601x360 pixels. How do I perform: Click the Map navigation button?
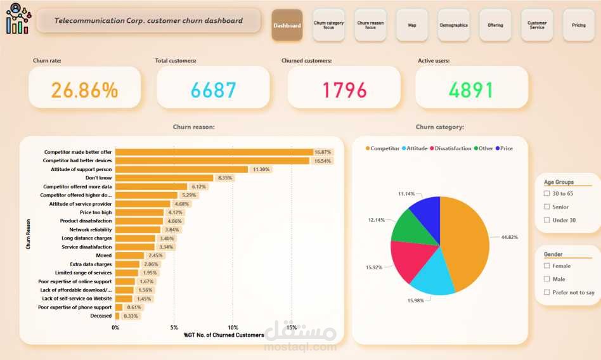click(412, 25)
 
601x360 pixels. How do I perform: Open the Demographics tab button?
click(453, 25)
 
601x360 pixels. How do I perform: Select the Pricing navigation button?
click(579, 25)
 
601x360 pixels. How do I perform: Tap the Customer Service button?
click(537, 25)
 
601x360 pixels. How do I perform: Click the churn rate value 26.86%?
click(84, 90)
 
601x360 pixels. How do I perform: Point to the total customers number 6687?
click(214, 90)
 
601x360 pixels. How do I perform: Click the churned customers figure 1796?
click(345, 90)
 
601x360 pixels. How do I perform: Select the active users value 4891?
click(471, 90)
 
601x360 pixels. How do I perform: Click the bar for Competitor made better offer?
click(214, 152)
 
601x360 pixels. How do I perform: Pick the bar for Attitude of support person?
click(181, 169)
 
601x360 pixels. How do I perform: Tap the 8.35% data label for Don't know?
click(224, 178)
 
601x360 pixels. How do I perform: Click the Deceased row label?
click(101, 316)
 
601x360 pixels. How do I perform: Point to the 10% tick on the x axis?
click(233, 328)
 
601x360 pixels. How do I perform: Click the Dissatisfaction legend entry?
click(452, 148)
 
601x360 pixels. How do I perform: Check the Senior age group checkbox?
click(546, 207)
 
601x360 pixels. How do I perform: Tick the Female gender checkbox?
click(546, 266)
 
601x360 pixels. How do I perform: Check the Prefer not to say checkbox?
click(546, 292)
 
